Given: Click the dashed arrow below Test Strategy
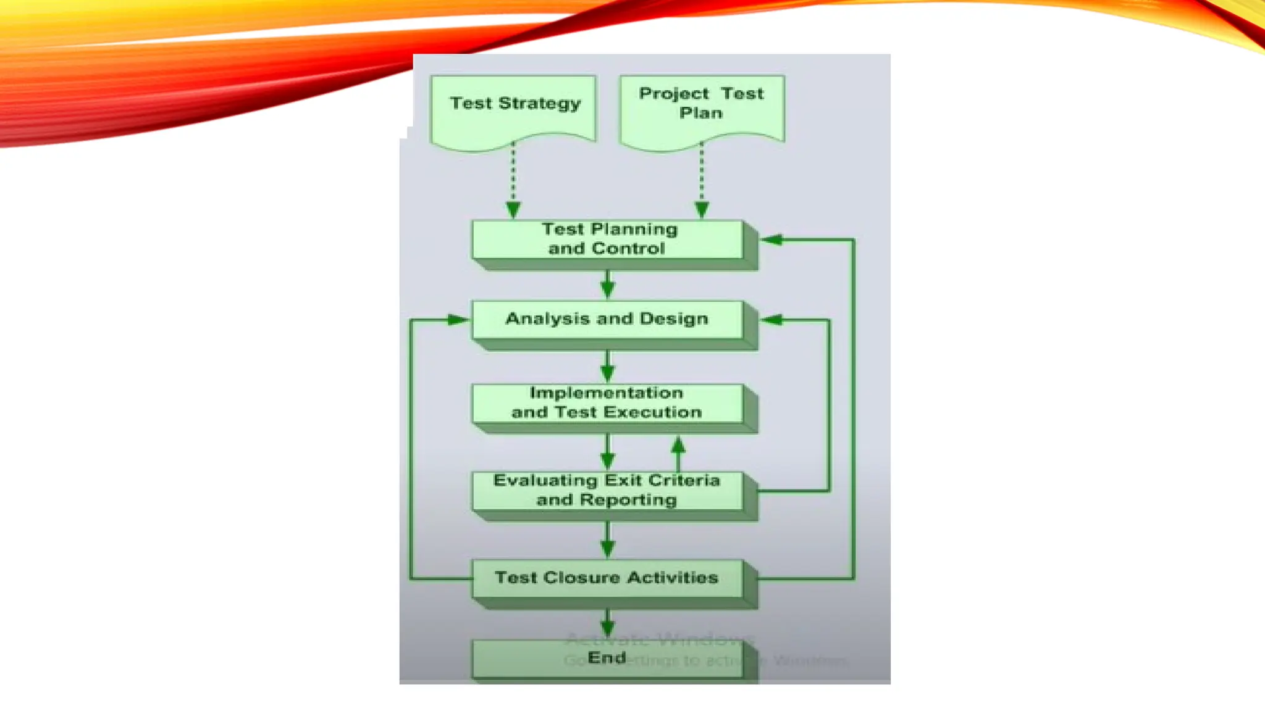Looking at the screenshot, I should click(x=513, y=179).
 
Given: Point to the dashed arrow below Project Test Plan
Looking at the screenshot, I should click(x=702, y=179).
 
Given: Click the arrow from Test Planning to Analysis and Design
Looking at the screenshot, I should click(x=608, y=285).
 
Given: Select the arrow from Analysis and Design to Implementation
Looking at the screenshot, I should click(x=608, y=367).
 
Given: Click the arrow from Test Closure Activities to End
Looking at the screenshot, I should click(x=608, y=623).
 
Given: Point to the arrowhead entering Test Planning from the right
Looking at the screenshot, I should click(x=772, y=239).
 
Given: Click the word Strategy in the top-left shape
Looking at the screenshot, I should click(x=539, y=103).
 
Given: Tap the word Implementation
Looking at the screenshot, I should click(x=607, y=393).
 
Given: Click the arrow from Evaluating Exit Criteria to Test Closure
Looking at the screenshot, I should click(x=608, y=539).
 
